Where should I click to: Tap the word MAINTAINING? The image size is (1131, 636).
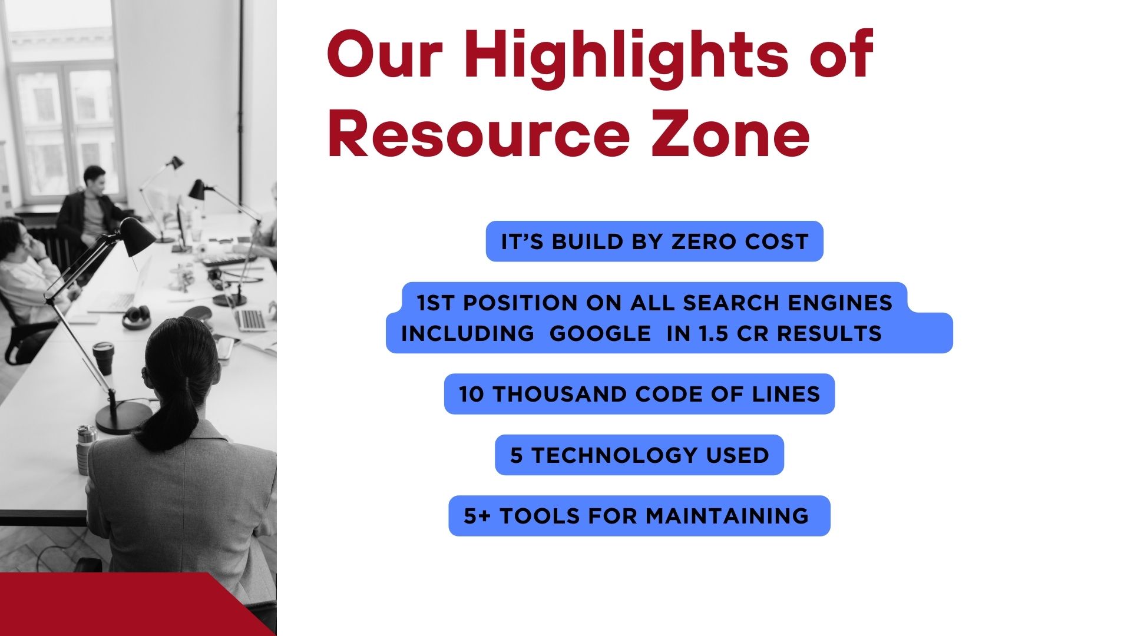tap(727, 516)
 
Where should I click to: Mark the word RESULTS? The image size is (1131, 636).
tap(829, 334)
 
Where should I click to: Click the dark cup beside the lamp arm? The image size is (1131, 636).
tap(103, 358)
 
